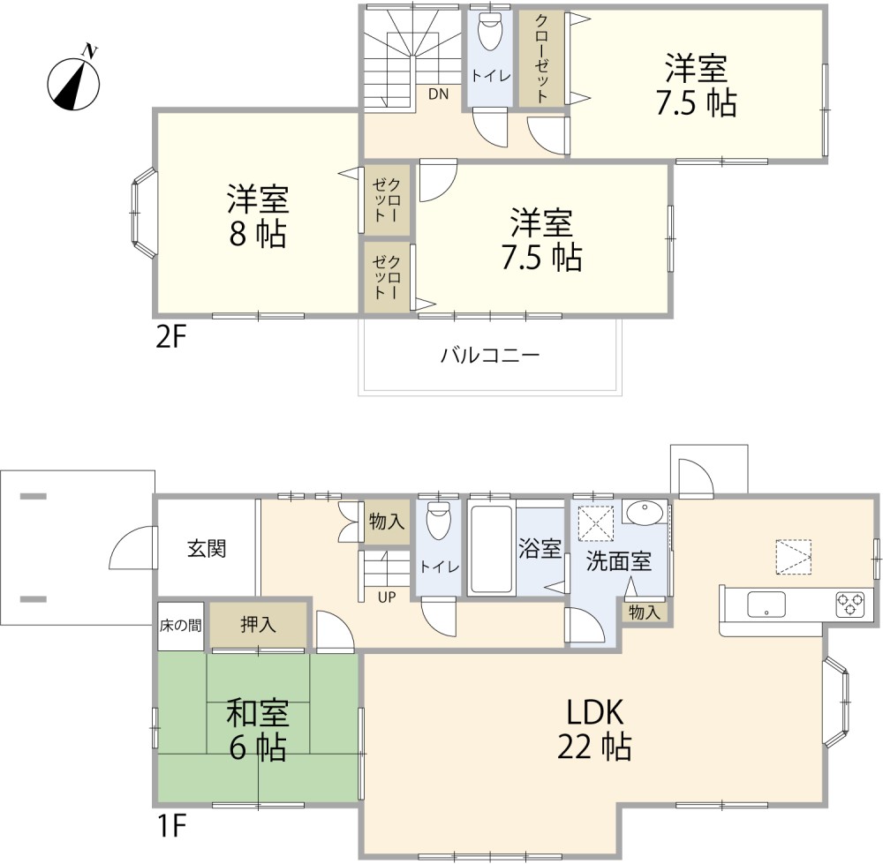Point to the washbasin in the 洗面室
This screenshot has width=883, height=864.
645,513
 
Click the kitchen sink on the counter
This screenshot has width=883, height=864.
766,605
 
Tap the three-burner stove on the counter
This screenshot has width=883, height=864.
849,605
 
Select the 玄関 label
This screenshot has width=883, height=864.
207,548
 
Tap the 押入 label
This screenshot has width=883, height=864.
258,625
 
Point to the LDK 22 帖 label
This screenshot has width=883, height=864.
594,729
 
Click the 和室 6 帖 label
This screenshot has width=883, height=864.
258,729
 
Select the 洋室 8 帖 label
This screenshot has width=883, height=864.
258,216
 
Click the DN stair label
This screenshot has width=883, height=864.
438,94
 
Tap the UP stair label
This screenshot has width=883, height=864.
387,596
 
